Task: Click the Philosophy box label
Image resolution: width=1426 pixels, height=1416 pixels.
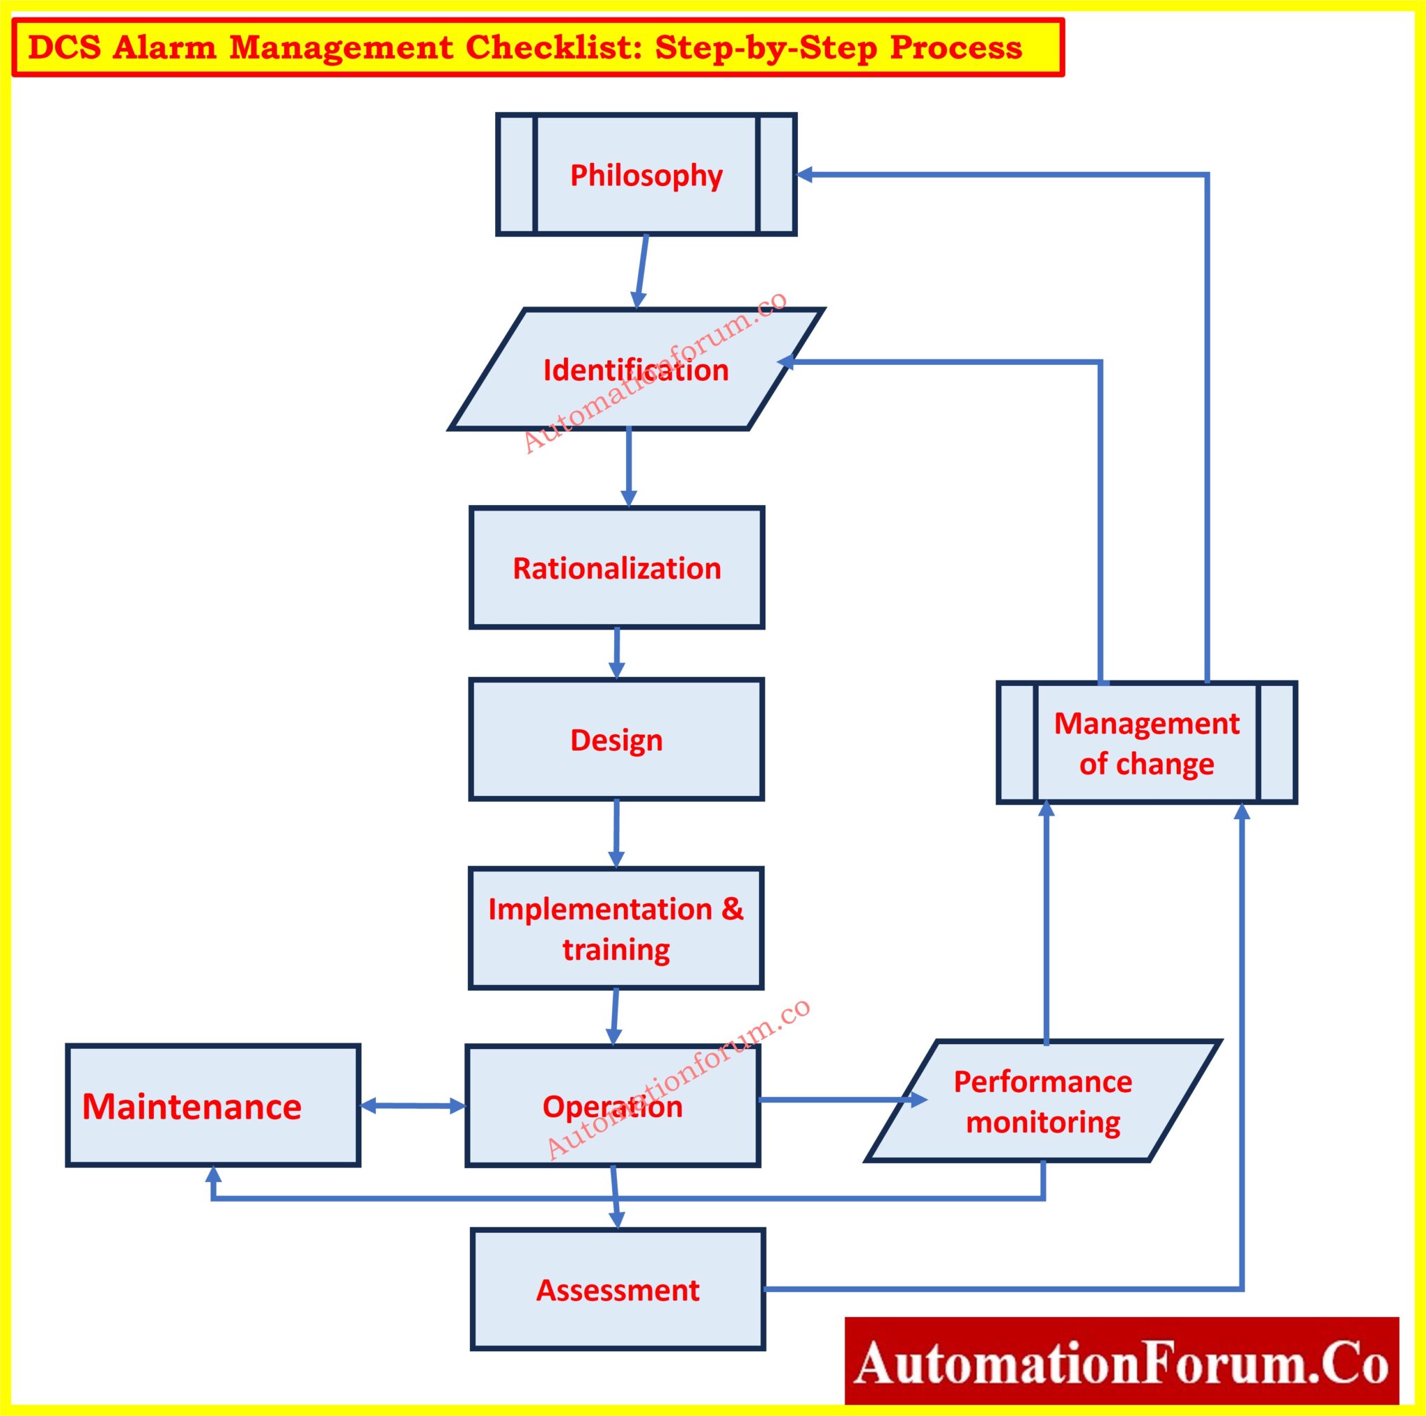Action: pyautogui.click(x=646, y=176)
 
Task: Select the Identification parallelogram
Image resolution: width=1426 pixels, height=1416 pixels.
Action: pyautogui.click(x=636, y=369)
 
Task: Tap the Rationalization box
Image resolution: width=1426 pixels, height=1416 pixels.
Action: pyautogui.click(x=616, y=568)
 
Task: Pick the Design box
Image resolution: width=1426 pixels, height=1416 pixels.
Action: pyautogui.click(x=616, y=740)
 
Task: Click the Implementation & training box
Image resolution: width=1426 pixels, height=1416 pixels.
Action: pyautogui.click(x=616, y=928)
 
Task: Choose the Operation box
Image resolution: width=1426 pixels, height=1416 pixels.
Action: pyautogui.click(x=612, y=1106)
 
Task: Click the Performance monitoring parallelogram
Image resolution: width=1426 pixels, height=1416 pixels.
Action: pyautogui.click(x=1042, y=1101)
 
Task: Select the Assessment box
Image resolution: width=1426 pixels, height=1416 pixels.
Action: pyautogui.click(x=618, y=1290)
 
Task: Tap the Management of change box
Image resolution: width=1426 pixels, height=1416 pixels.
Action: pyautogui.click(x=1146, y=742)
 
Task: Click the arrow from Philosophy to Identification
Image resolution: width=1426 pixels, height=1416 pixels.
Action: pyautogui.click(x=641, y=271)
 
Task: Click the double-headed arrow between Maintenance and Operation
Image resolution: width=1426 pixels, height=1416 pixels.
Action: pyautogui.click(x=413, y=1106)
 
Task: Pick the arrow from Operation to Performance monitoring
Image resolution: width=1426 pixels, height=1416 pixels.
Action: pyautogui.click(x=841, y=1100)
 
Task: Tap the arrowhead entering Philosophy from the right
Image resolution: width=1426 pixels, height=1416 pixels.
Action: pyautogui.click(x=806, y=175)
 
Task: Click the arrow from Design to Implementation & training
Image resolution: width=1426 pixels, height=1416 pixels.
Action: pyautogui.click(x=616, y=833)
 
